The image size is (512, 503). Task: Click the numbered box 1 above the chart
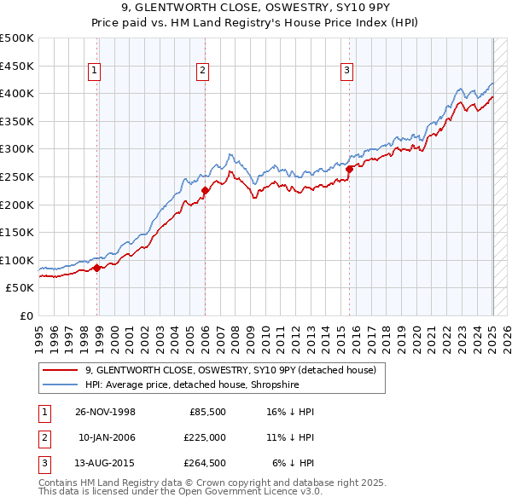tap(93, 72)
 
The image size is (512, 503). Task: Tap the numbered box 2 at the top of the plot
tap(202, 72)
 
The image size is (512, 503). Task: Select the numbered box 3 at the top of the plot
tap(347, 72)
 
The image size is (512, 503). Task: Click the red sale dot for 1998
tap(97, 268)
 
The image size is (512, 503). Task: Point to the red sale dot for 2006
tap(206, 190)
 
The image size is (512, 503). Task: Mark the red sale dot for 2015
tap(349, 169)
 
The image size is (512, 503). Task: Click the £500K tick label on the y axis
tap(17, 38)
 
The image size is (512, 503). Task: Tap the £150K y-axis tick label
tap(17, 233)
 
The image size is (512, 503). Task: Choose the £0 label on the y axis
tap(26, 315)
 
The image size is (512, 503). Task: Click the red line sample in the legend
tap(60, 370)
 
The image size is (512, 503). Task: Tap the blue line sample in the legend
tap(60, 384)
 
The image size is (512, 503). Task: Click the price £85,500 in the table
tap(207, 412)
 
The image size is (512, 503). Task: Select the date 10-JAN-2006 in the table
tap(107, 437)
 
